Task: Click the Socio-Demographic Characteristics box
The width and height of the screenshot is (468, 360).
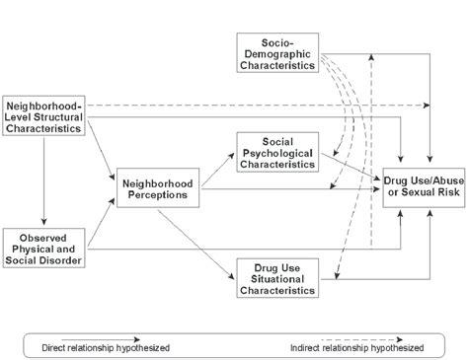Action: (277, 51)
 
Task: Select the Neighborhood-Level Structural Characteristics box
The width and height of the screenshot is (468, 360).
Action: (43, 115)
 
